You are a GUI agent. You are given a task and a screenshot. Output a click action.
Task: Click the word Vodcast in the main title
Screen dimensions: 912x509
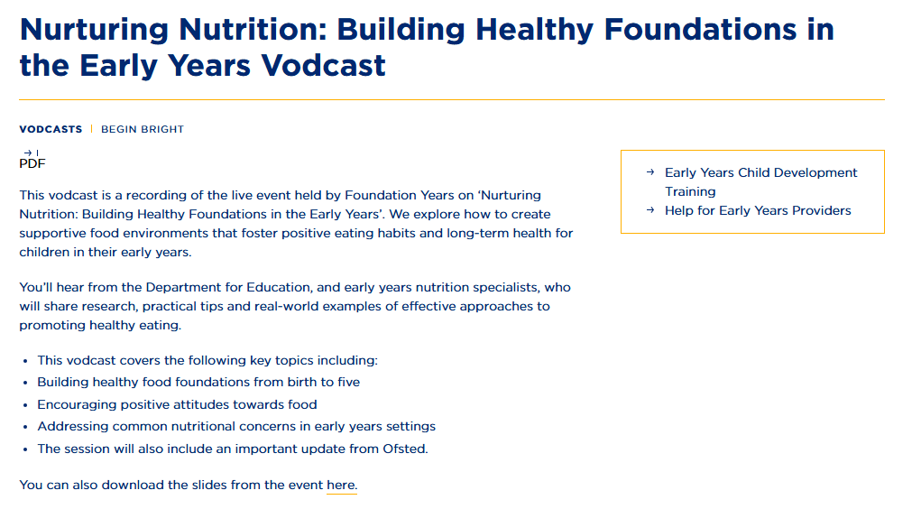point(323,65)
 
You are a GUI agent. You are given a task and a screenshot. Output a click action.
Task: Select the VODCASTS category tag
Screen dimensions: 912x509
point(51,129)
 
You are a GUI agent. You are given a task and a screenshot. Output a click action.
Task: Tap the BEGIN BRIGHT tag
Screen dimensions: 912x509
point(143,129)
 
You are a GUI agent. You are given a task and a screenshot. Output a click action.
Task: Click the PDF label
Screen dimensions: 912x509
point(32,164)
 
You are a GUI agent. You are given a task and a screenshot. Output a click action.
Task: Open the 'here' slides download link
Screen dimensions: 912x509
point(341,486)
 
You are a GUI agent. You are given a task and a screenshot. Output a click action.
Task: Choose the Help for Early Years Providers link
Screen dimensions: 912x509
point(758,210)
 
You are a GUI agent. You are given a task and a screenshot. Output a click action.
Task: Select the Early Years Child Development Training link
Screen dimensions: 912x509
point(760,182)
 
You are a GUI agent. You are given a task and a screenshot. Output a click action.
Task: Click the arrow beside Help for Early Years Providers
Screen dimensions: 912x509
point(650,210)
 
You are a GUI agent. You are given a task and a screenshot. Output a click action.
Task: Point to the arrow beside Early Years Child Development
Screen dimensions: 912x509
point(650,172)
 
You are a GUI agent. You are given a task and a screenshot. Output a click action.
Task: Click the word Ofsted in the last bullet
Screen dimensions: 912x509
point(405,449)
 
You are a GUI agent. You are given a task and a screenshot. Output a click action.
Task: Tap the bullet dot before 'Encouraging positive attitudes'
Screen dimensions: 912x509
point(25,405)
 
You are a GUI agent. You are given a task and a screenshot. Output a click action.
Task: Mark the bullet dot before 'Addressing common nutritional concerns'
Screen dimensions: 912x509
point(25,428)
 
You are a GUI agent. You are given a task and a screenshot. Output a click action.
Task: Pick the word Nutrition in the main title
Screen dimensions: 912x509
point(253,30)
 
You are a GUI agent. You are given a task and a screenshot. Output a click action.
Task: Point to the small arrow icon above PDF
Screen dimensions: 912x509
point(28,153)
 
